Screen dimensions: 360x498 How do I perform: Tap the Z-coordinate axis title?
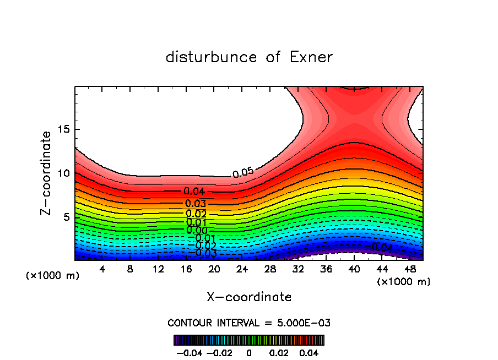tap(47, 173)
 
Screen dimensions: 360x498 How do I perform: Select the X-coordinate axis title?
tap(249, 297)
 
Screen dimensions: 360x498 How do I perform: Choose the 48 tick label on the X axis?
tap(409, 269)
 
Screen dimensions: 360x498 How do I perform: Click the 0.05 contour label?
tap(243, 172)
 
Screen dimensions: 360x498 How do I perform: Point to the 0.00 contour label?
tap(197, 230)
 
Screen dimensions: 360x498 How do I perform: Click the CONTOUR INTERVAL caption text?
tap(249, 323)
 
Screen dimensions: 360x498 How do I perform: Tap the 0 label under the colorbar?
tap(249, 352)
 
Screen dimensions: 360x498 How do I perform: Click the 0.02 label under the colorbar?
tap(279, 352)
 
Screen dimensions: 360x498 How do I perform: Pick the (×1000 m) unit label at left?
tap(53, 276)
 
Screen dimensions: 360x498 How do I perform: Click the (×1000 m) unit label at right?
tap(404, 282)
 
